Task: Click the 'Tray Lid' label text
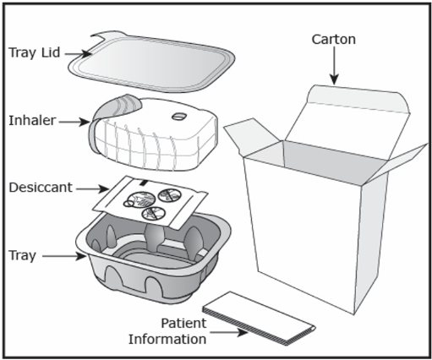(35, 52)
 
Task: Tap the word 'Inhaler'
(32, 121)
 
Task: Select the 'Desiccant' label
(41, 188)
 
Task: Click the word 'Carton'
(334, 40)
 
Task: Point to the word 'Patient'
(183, 323)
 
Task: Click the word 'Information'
(167, 339)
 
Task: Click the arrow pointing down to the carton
(334, 65)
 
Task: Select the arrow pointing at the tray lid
(78, 53)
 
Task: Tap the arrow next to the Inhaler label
(74, 122)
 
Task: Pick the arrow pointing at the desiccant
(92, 188)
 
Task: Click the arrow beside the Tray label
(64, 256)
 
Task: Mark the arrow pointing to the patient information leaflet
(229, 333)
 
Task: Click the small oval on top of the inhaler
(179, 116)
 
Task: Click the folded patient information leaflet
(259, 319)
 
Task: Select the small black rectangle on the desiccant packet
(144, 183)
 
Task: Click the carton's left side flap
(252, 138)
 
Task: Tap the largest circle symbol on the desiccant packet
(140, 199)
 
